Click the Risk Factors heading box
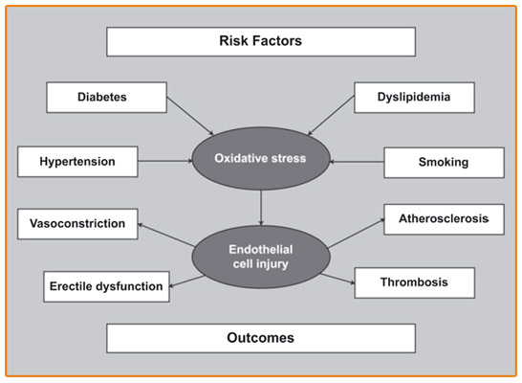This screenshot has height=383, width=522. coord(261,42)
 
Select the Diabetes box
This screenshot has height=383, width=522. coord(106,98)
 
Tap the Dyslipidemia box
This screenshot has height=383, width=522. coord(415,98)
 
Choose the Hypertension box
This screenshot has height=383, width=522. coord(77,162)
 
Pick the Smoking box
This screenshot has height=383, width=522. coord(445,163)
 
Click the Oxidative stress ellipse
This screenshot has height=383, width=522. coord(261,158)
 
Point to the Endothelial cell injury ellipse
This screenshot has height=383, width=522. coord(261,257)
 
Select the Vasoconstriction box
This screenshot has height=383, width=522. coord(77,224)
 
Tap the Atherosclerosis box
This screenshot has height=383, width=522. coord(445,219)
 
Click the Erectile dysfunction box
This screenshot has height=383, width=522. coord(106,286)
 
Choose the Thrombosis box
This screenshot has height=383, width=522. coord(415,283)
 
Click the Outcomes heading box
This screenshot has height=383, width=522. coord(261,338)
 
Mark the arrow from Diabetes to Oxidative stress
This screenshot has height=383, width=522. coord(190,116)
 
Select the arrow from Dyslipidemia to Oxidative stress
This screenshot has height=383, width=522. coord(331,115)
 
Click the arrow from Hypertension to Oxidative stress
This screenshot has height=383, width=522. coord(165,161)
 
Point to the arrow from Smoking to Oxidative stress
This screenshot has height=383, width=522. coord(357,162)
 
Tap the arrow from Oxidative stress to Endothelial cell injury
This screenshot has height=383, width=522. coord(261,208)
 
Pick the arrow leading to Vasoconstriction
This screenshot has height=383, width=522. coord(166,235)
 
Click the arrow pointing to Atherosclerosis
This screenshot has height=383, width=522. coord(356,234)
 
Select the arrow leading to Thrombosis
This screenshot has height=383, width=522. coord(337,279)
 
